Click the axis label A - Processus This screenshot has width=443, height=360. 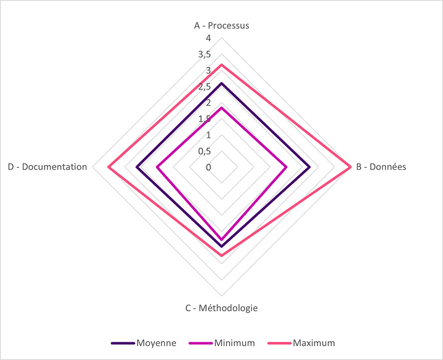(x=221, y=26)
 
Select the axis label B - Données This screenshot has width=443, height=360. (x=381, y=167)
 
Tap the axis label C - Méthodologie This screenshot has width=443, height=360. (x=221, y=308)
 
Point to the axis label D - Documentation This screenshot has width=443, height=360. (x=47, y=167)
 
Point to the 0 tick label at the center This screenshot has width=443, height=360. (x=208, y=167)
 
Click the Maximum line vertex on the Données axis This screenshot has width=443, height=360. (x=350, y=167)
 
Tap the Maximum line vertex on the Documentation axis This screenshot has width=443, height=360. (x=108, y=167)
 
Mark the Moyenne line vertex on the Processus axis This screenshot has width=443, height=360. (x=221, y=83)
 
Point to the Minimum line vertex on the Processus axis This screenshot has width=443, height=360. (x=221, y=107)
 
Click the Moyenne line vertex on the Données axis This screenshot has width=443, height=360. (x=310, y=167)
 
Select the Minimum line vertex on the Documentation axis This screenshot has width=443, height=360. (x=157, y=167)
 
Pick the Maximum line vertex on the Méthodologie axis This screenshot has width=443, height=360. (x=221, y=256)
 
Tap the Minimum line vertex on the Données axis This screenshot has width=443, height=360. (x=286, y=167)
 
